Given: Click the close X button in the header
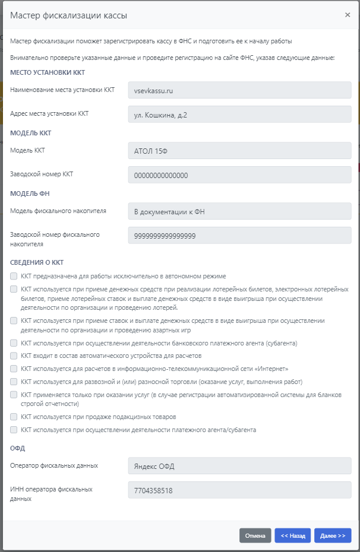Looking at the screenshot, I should [x=348, y=15].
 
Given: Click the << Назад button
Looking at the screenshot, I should [x=292, y=535].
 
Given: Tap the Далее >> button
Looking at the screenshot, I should [x=333, y=535].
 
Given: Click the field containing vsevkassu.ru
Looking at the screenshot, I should [x=239, y=90].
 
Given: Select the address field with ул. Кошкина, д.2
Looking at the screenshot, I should [x=239, y=115].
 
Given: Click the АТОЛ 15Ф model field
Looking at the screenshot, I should [x=239, y=151].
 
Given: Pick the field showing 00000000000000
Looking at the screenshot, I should [x=239, y=175].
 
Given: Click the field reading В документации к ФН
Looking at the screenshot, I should [x=239, y=211].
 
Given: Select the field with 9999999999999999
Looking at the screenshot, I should [x=239, y=236].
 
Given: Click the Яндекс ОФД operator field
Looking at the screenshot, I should [x=239, y=466].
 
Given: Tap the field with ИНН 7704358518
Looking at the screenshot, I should [x=239, y=490].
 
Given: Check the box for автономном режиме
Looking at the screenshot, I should [x=14, y=276].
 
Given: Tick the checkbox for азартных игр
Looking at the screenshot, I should [x=14, y=321].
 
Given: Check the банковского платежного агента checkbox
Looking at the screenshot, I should [x=14, y=343].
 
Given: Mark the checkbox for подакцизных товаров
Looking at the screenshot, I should [x=14, y=417].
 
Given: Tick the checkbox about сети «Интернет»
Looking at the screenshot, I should [x=14, y=369].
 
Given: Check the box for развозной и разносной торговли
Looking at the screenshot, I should [x=14, y=382].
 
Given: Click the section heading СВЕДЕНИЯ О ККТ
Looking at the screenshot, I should [x=37, y=262].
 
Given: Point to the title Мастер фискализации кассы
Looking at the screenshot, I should [x=68, y=15].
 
